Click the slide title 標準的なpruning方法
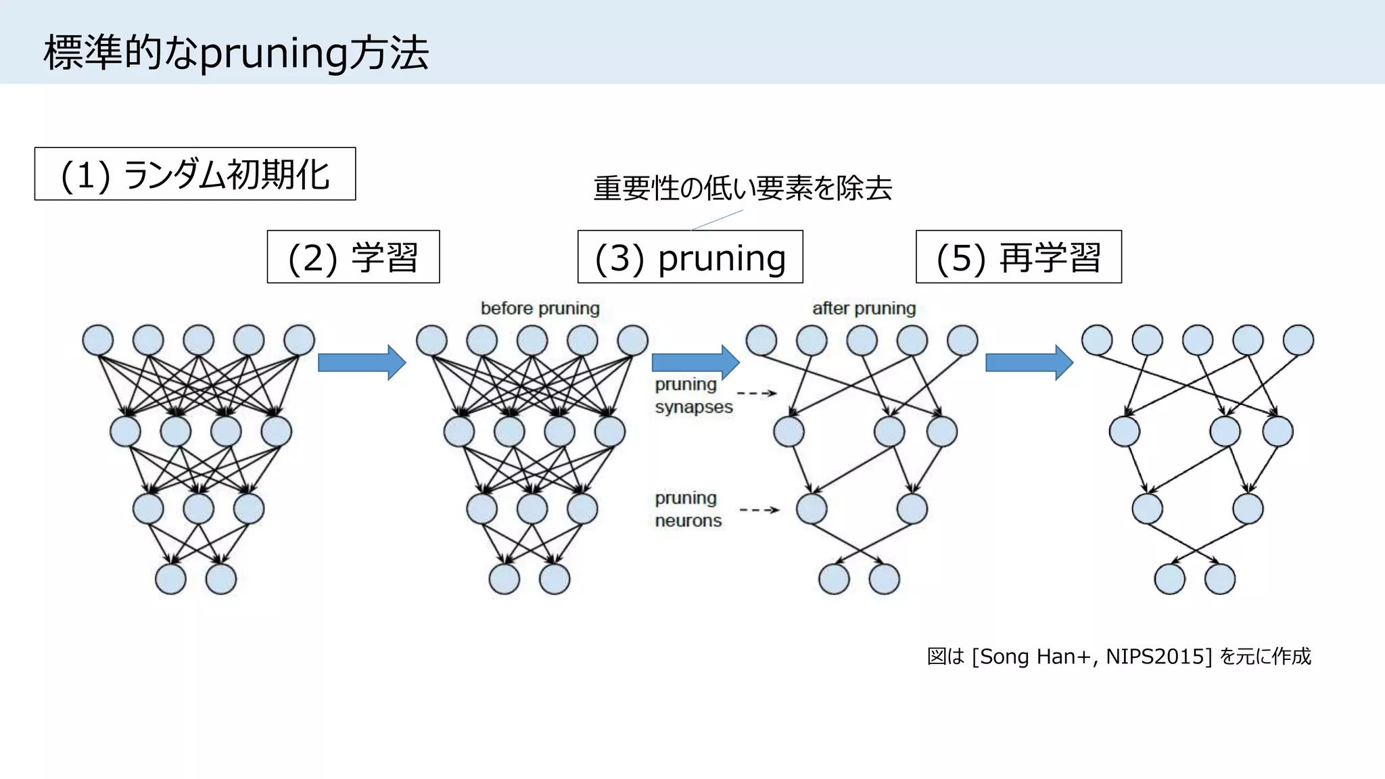coord(236,53)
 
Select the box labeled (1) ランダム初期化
coord(195,174)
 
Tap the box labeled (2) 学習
coord(353,257)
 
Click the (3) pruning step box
coord(690,257)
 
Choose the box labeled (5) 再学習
coord(1018,257)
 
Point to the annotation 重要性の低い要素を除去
coord(743,188)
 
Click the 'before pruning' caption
coord(540,308)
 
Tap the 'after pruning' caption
coord(864,308)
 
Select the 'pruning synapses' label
coord(692,396)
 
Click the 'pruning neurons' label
coord(688,509)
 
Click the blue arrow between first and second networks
coord(361,362)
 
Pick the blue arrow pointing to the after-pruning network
coord(695,362)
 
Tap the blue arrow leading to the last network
coord(1029,362)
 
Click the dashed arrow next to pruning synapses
coord(757,393)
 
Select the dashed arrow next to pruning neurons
coord(759,510)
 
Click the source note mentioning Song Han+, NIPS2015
coord(1119,657)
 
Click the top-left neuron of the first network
coord(98,340)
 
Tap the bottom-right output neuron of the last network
coord(1220,580)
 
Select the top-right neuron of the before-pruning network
coord(633,340)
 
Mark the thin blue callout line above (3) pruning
coord(717,220)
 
